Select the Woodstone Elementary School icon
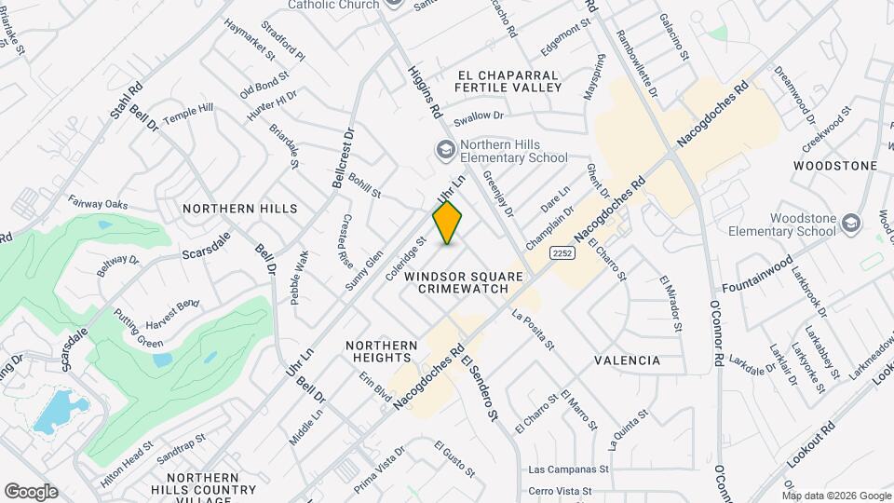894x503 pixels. [850, 224]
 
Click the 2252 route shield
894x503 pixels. [562, 252]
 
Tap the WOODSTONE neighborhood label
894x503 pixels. [835, 166]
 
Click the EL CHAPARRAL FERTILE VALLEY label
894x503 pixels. [508, 81]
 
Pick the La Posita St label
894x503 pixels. [533, 331]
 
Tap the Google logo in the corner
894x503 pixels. [31, 491]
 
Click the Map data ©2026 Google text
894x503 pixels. [836, 496]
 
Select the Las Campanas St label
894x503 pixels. [567, 470]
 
